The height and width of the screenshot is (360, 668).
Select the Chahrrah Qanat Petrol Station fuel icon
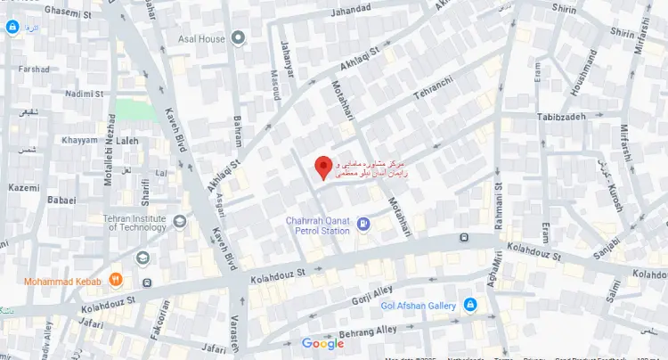pos(363,224)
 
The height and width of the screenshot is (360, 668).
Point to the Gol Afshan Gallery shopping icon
pos(470,306)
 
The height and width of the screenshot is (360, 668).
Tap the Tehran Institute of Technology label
pos(133,223)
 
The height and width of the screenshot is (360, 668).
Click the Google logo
pos(322,344)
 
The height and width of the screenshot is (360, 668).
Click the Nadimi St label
pos(85,93)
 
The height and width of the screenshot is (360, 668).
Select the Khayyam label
pos(79,141)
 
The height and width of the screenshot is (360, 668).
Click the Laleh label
pos(128,141)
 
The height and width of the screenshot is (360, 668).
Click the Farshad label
pos(34,69)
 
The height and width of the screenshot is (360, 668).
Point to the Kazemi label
pos(23,188)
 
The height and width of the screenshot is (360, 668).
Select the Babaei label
pos(62,200)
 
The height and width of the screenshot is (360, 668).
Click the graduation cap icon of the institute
pos(143,258)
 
